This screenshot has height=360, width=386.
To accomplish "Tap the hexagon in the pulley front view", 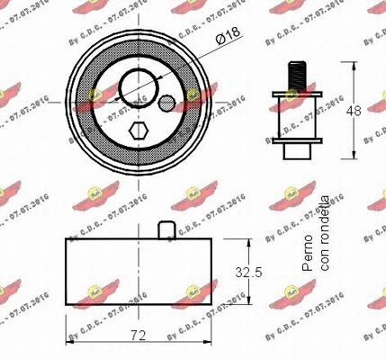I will point(137,132).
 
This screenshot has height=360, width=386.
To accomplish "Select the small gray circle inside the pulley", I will point(166,103).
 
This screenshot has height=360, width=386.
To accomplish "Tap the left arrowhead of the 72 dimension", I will point(71,342).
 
